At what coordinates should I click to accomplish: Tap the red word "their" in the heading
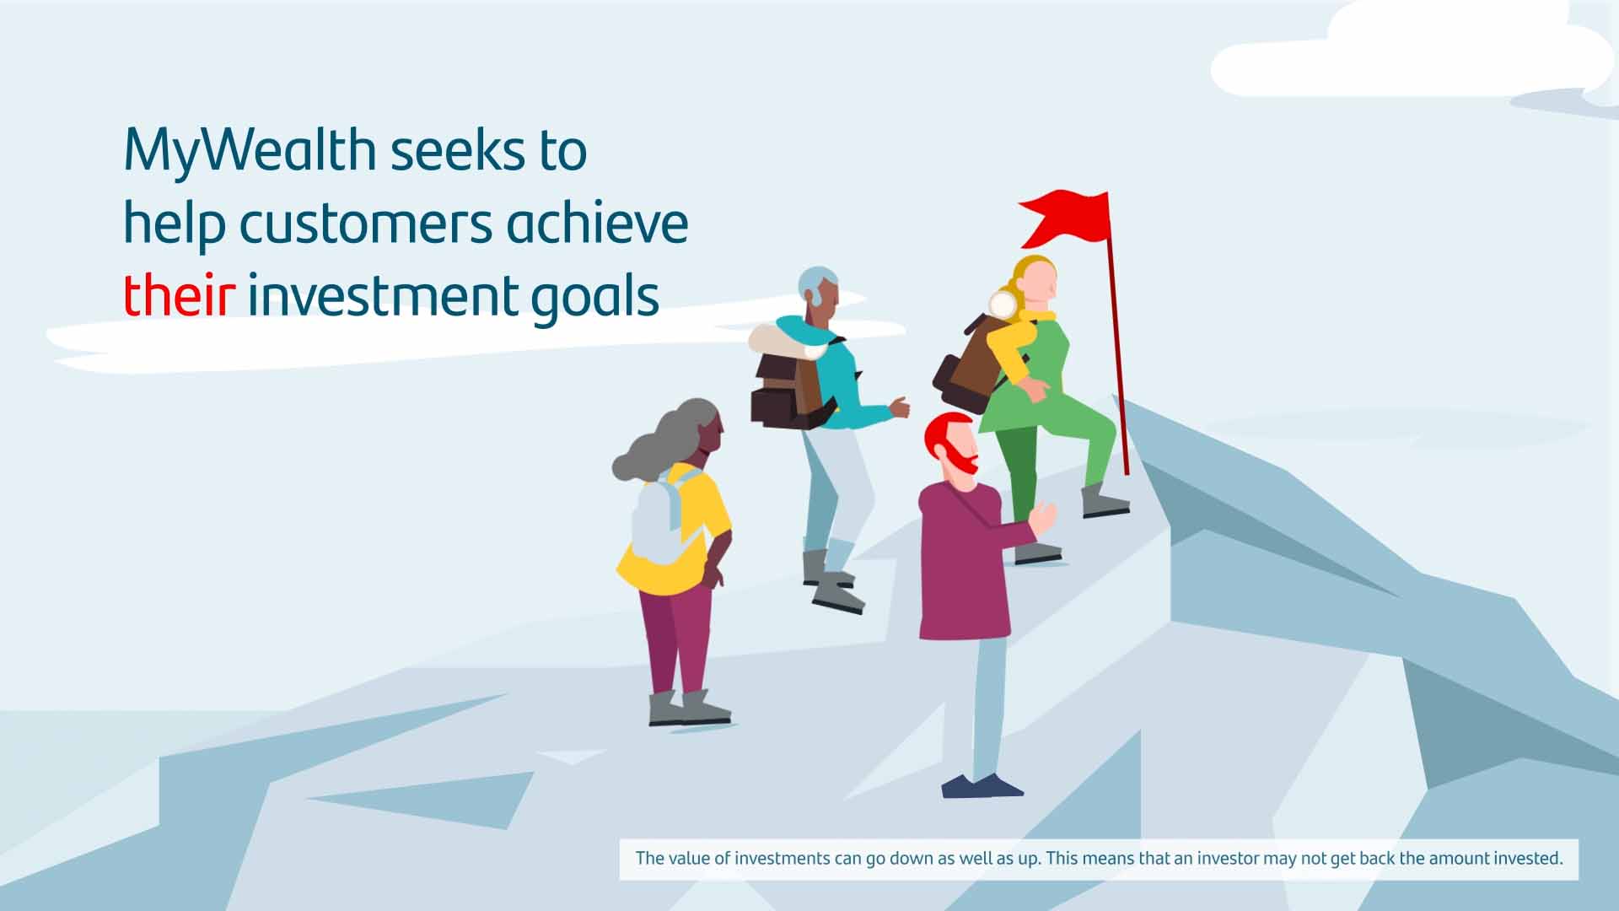coord(179,296)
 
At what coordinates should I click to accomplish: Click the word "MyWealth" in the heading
coord(250,151)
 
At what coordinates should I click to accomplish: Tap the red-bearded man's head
coord(952,447)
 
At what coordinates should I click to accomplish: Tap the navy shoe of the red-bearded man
coord(982,786)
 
